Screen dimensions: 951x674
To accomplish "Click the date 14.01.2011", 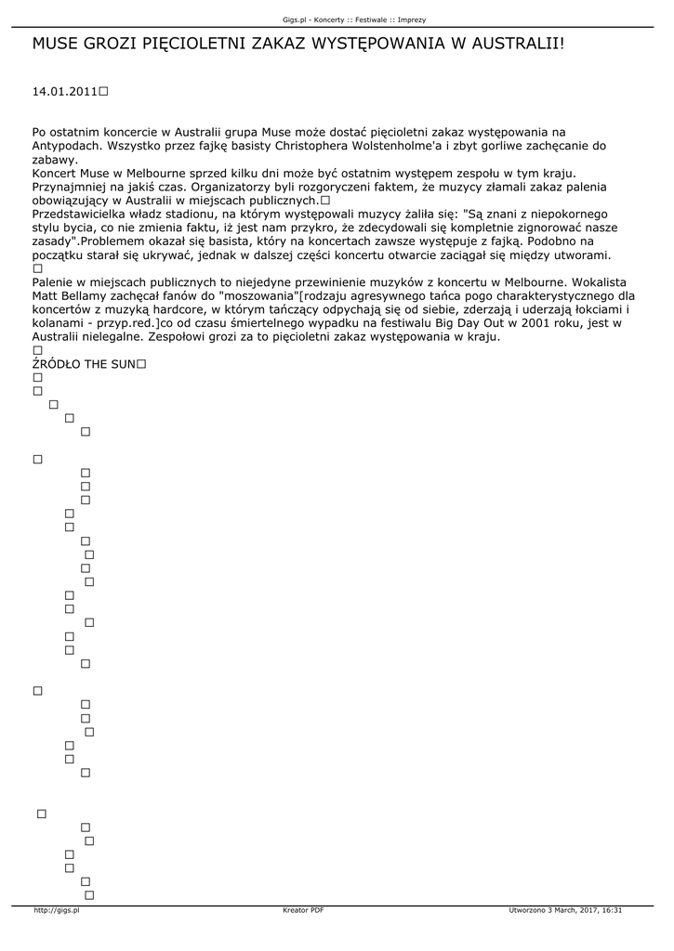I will [x=64, y=92].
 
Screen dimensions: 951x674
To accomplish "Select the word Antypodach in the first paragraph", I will [x=66, y=147].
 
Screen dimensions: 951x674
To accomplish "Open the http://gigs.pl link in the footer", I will [x=57, y=910].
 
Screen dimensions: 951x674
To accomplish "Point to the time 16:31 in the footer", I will [x=612, y=910].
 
